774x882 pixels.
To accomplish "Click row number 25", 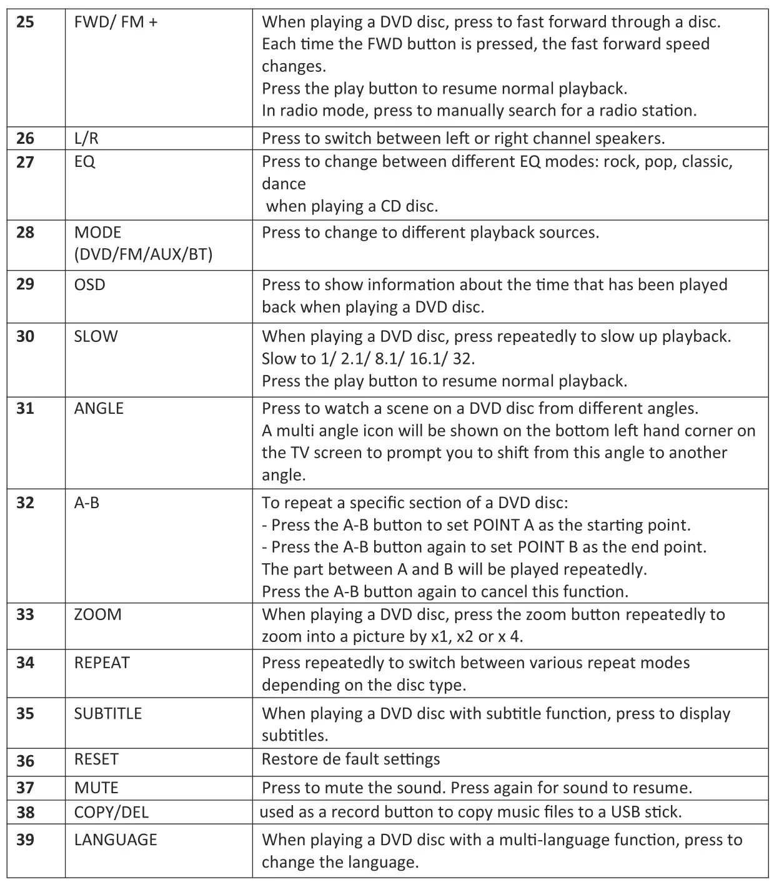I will (x=25, y=23).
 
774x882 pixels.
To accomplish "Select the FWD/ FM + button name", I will (x=116, y=23).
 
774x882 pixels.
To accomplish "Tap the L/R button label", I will (x=86, y=139).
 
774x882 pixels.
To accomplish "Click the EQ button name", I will (x=84, y=162).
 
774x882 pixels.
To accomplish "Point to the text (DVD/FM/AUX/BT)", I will (x=143, y=254).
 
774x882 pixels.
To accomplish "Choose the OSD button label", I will (x=89, y=284).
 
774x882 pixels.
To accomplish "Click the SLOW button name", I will (x=96, y=336).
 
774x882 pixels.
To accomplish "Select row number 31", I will (x=25, y=409).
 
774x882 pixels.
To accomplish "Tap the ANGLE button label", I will (x=99, y=409).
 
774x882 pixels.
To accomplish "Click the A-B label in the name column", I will (x=86, y=503).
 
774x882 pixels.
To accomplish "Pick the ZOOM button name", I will (x=97, y=614).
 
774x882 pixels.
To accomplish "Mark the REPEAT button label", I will (x=102, y=663).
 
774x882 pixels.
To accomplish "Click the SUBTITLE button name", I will (x=107, y=713).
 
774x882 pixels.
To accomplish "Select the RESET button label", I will (x=96, y=759).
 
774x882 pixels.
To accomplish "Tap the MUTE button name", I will (x=96, y=788).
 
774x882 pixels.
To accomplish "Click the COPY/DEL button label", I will (x=111, y=812).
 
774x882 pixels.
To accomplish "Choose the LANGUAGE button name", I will (x=116, y=839).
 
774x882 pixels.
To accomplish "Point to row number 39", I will (x=25, y=839).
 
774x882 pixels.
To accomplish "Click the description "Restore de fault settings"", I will (x=350, y=759).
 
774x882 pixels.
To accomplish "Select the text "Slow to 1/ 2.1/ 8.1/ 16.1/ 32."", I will (x=368, y=359).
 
